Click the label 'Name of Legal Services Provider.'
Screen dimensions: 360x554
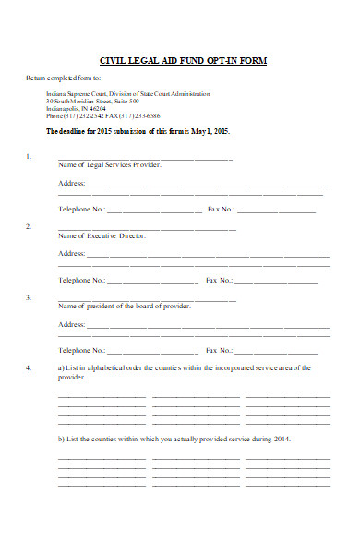(x=110, y=165)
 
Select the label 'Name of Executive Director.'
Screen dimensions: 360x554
(x=102, y=236)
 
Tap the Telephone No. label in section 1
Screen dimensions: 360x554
(x=82, y=210)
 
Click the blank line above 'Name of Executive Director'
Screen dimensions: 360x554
(x=147, y=228)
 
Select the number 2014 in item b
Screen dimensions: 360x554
(x=282, y=439)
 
